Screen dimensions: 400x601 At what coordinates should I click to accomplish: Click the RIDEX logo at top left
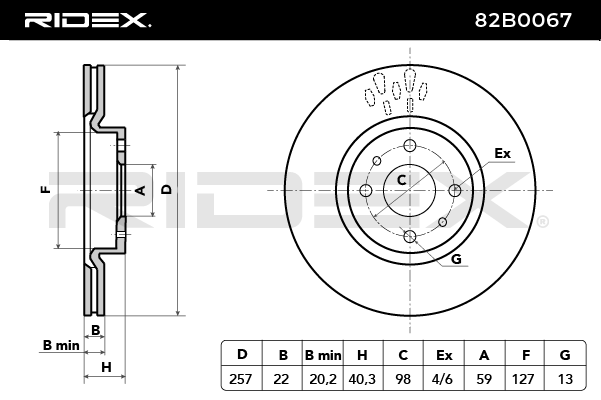tap(87, 19)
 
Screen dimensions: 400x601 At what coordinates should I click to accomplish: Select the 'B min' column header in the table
tap(323, 353)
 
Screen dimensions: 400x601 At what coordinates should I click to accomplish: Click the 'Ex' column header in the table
tap(444, 353)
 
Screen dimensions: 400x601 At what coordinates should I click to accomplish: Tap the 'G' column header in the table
tap(565, 353)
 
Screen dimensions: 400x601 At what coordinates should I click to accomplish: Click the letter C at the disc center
tap(402, 180)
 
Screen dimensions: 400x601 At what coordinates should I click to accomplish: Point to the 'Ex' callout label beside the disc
tap(502, 153)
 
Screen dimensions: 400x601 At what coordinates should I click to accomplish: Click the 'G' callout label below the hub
tap(456, 259)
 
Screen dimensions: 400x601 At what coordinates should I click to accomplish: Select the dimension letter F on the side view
tap(44, 189)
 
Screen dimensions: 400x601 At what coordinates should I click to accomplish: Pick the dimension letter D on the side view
tap(167, 189)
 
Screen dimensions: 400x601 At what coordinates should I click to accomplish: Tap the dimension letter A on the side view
tap(141, 189)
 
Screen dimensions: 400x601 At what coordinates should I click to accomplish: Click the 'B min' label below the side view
tap(60, 345)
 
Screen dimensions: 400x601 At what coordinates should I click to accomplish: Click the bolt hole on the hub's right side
tap(455, 190)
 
